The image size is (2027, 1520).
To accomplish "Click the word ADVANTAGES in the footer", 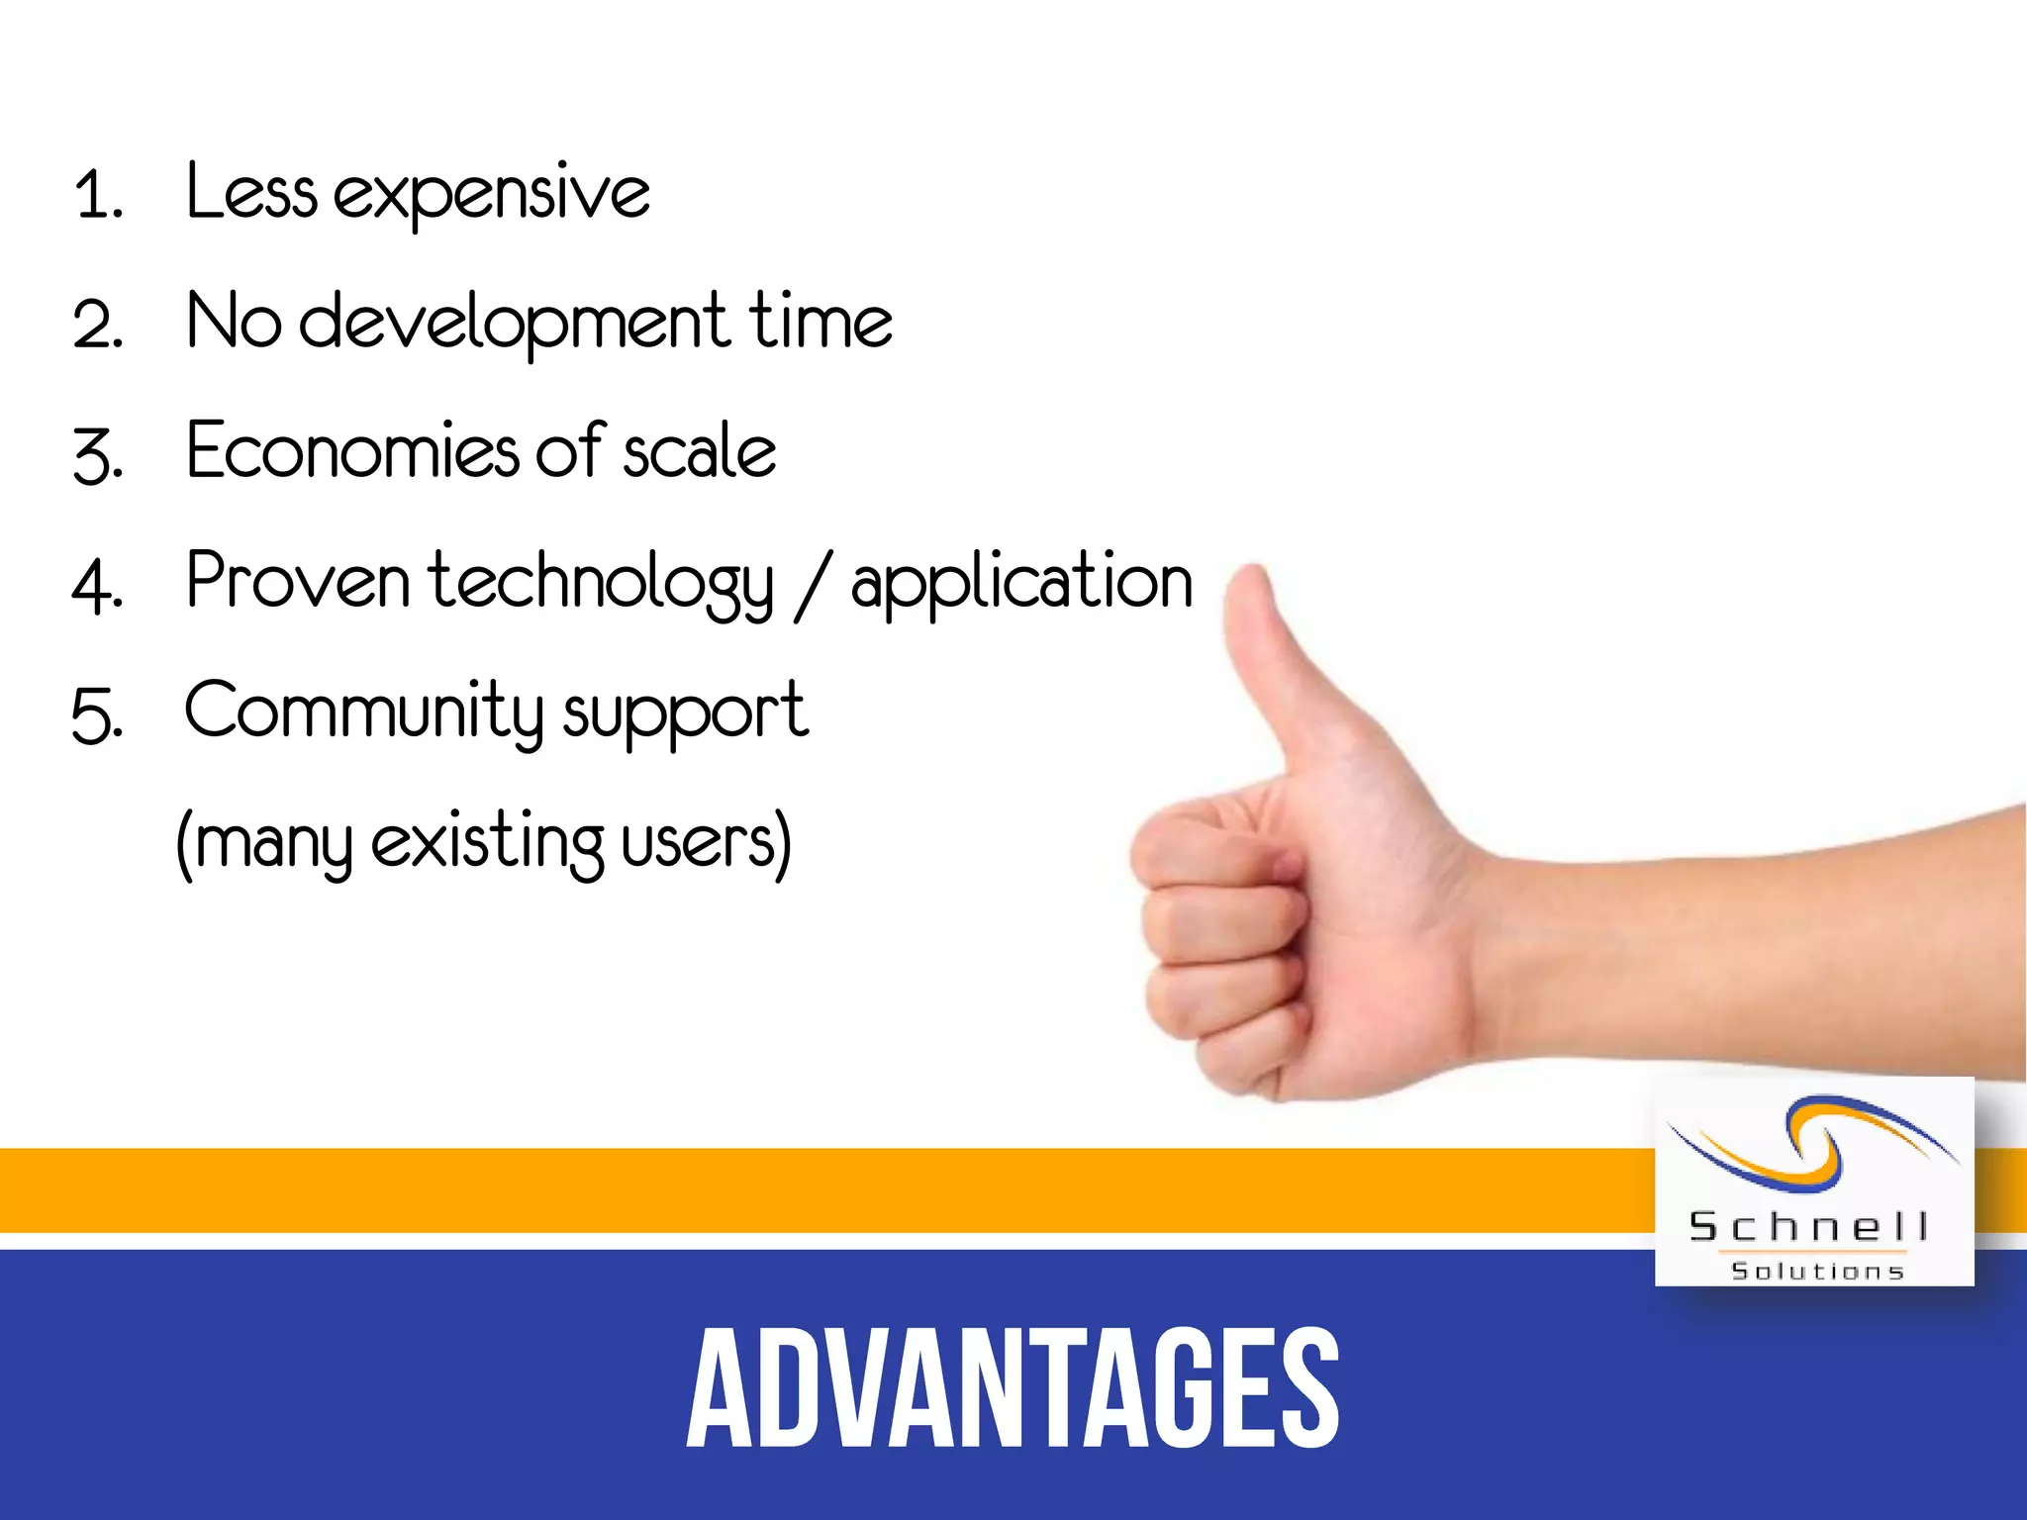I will [x=1013, y=1388].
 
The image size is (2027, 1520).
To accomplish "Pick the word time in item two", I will [x=820, y=322].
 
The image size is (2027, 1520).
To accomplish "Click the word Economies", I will [x=351, y=452].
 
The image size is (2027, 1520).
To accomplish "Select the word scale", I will [x=699, y=452].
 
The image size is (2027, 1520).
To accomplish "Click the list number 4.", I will [x=96, y=586].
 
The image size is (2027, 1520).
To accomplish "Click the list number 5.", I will [x=96, y=715].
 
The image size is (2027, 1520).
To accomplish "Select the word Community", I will [x=364, y=712].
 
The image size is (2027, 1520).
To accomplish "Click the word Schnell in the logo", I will [x=1808, y=1228].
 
